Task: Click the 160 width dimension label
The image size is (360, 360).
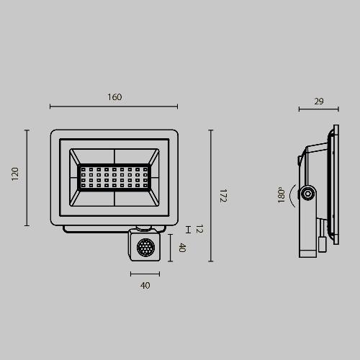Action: point(114,97)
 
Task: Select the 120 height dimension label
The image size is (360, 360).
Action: point(15,175)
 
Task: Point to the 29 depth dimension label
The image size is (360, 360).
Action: point(318,102)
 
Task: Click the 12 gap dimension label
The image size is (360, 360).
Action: point(199,229)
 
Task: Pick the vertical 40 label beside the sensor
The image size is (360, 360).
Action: point(182,248)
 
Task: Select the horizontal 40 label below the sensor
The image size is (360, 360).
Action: point(145,285)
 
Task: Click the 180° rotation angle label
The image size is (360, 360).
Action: point(282,194)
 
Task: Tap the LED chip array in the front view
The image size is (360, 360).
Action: point(114,177)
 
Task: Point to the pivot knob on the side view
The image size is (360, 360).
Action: point(308,194)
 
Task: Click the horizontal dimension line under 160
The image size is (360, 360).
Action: point(114,107)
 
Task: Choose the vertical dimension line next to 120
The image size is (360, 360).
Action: point(27,177)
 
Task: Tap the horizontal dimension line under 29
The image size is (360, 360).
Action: point(318,110)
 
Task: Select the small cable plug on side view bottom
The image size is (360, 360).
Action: point(322,246)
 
